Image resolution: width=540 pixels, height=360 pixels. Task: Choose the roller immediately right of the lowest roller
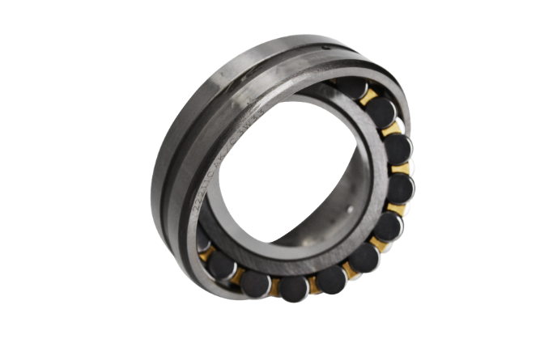(331, 279)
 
